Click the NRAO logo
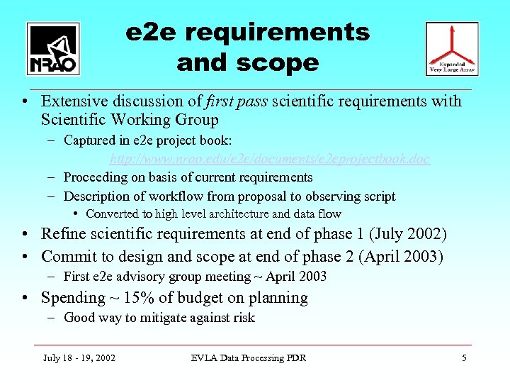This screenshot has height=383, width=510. (53, 48)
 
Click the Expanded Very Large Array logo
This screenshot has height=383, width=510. (452, 48)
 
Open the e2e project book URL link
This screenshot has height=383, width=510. (270, 159)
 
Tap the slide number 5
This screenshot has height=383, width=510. (464, 358)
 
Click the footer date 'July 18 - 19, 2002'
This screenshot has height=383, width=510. (79, 358)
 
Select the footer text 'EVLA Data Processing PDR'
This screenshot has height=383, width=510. (249, 358)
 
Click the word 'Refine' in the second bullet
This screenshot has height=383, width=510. (63, 234)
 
